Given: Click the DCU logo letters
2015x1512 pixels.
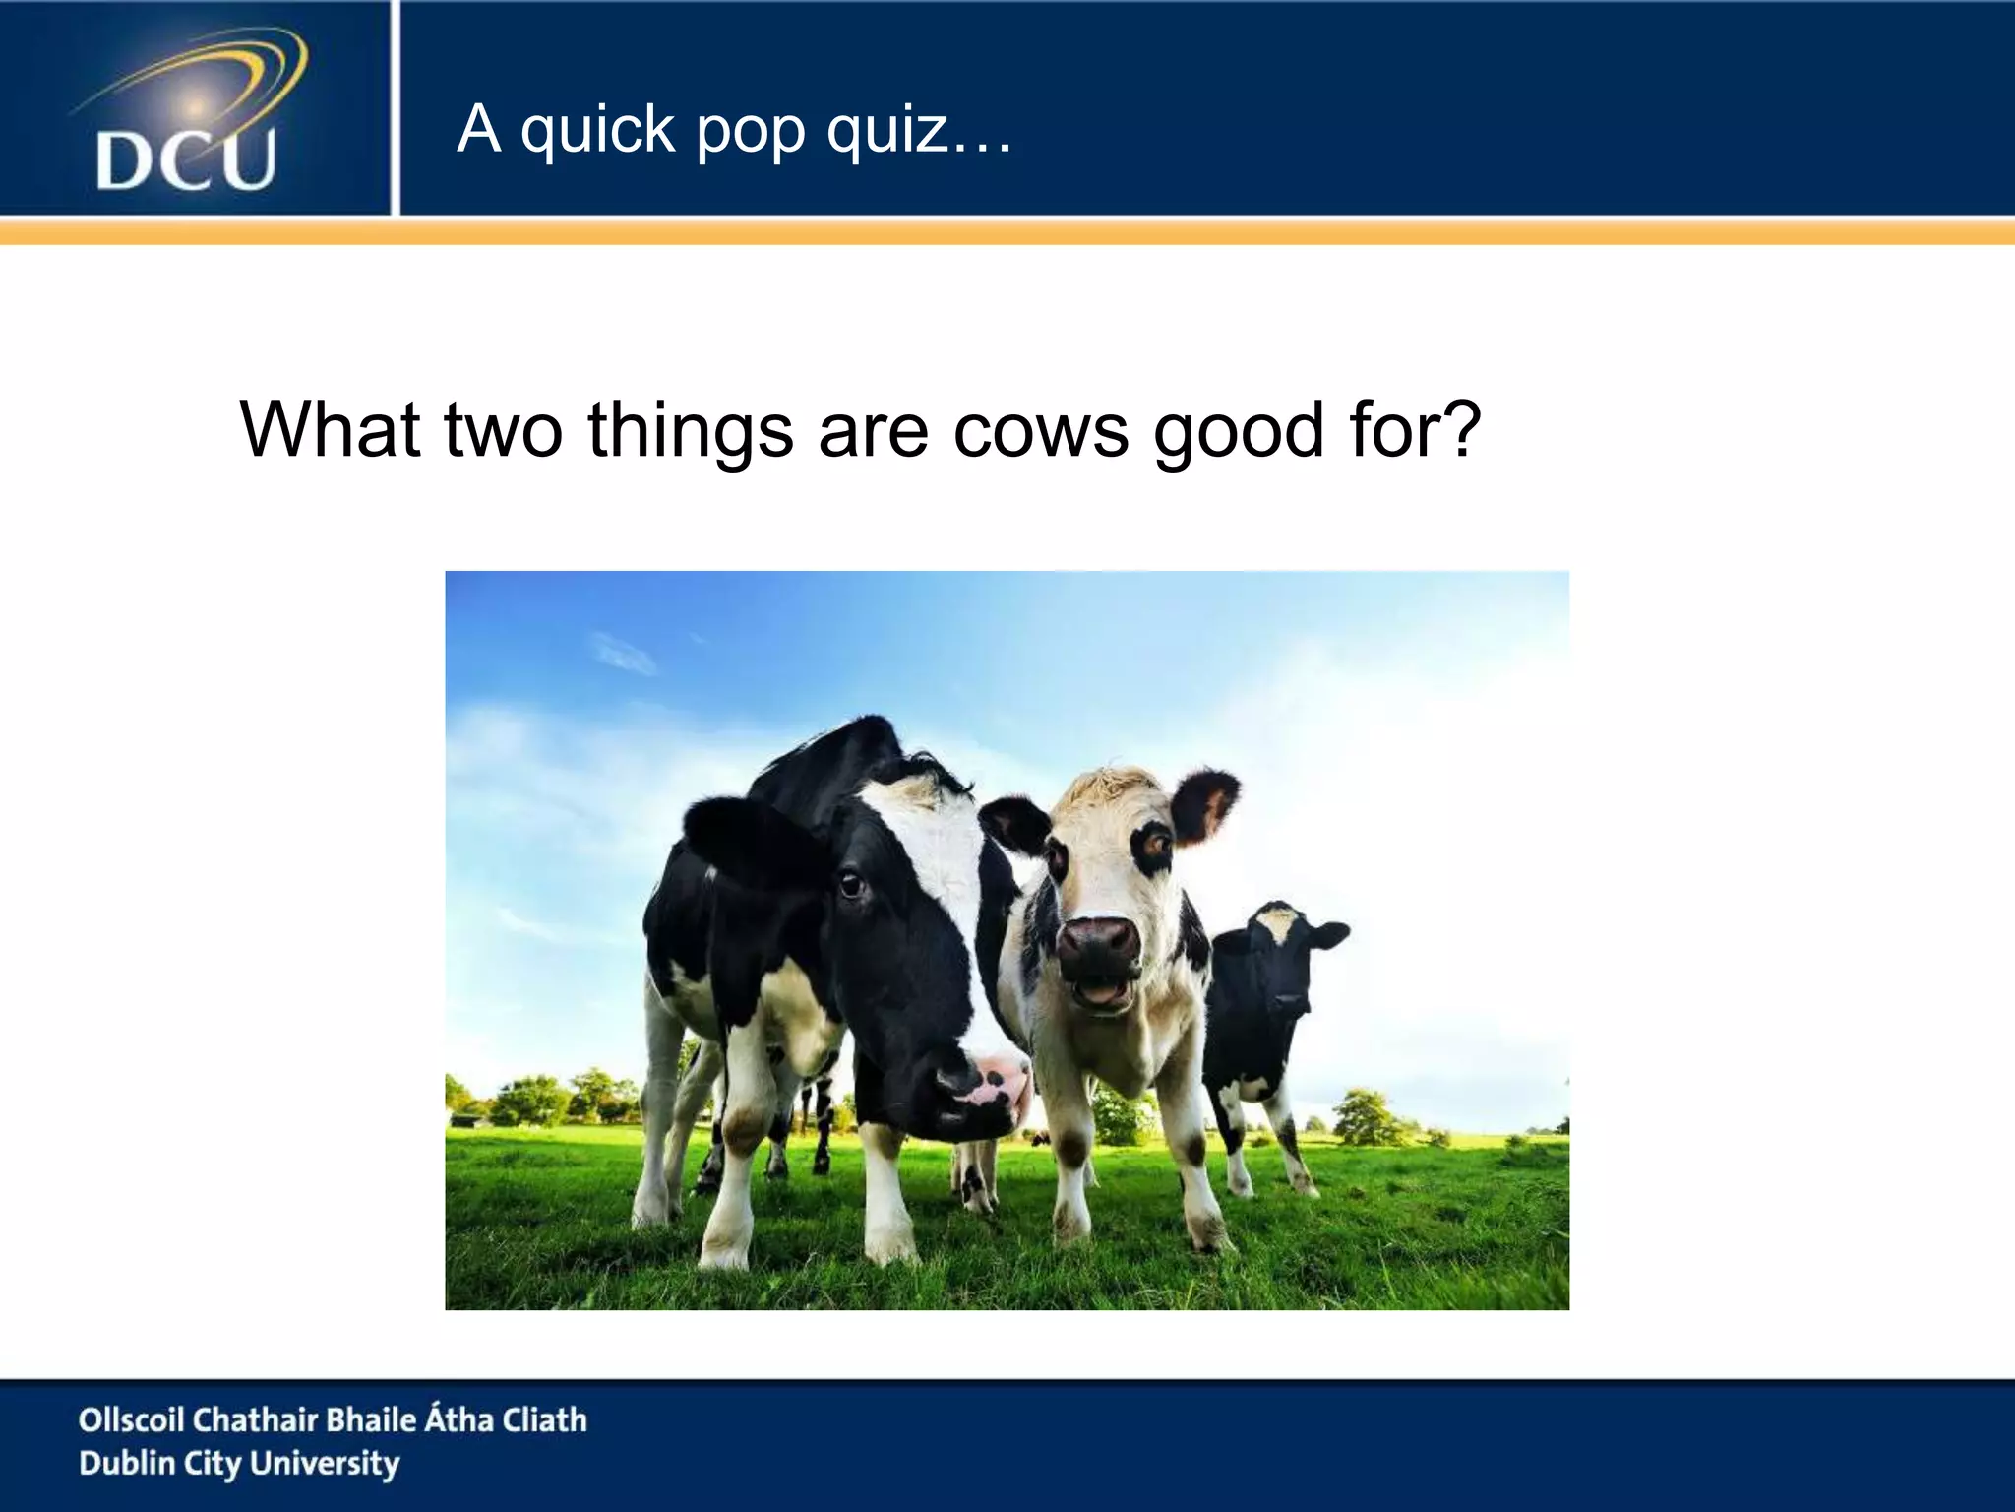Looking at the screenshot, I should click(x=186, y=161).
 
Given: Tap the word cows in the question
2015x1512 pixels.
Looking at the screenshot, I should click(x=1041, y=430).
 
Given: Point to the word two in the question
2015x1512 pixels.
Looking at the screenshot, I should click(x=503, y=430).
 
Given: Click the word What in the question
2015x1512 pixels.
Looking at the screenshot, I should click(x=330, y=430).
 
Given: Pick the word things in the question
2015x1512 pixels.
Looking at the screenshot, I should click(x=690, y=430).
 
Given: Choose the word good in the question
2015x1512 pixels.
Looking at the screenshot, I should click(x=1238, y=430).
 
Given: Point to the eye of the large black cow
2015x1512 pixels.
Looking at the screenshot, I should click(x=850, y=886).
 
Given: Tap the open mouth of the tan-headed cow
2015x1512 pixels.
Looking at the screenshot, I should click(x=1102, y=989).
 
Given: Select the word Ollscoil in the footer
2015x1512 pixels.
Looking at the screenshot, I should click(x=131, y=1419).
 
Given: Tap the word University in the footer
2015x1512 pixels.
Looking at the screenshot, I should click(x=325, y=1464).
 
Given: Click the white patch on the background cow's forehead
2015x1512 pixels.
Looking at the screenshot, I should click(x=1277, y=923).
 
